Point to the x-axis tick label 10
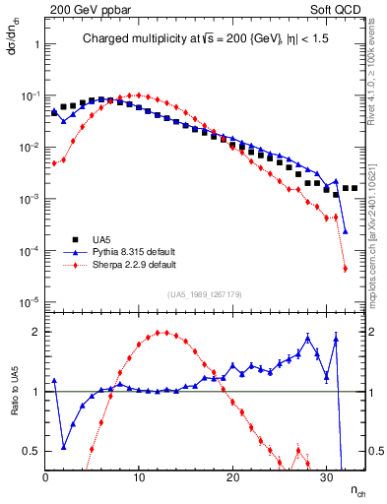(139, 475)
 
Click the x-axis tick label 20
(232, 475)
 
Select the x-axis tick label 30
(326, 475)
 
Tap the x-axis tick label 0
(46, 475)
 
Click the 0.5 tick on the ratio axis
(32, 451)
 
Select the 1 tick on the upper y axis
(36, 44)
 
